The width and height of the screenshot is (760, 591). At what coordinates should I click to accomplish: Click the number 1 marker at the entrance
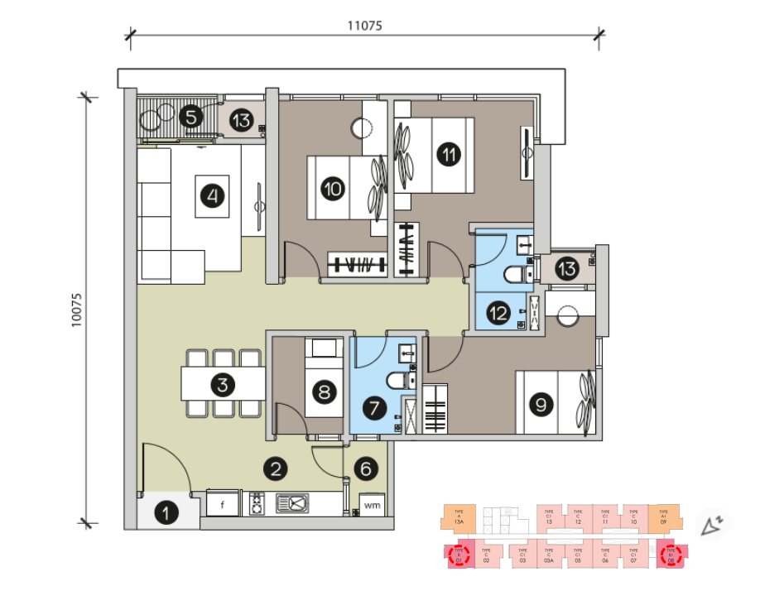pos(168,513)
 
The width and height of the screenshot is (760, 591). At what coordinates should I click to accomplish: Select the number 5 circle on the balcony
pos(191,116)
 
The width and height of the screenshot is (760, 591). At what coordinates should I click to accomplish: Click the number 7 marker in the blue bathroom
pos(374,407)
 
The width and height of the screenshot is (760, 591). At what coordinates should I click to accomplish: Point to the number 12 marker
pos(498,313)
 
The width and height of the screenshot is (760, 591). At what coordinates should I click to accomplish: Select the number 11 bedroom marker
pos(448,154)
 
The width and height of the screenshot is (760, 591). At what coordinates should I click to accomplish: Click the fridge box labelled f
pos(222,502)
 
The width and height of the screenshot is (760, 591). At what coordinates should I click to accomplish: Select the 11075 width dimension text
pos(364,26)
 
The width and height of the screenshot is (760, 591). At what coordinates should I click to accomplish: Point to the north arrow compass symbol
pos(711,525)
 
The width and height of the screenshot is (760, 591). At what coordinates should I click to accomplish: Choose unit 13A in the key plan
pos(458,517)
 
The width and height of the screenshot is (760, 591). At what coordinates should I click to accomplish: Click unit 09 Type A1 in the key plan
pos(664,517)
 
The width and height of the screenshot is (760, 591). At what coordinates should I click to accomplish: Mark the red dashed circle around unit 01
pos(458,555)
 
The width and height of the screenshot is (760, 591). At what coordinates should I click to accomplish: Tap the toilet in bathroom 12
pos(514,276)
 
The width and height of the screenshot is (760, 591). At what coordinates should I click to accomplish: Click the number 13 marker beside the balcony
pos(241,121)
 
